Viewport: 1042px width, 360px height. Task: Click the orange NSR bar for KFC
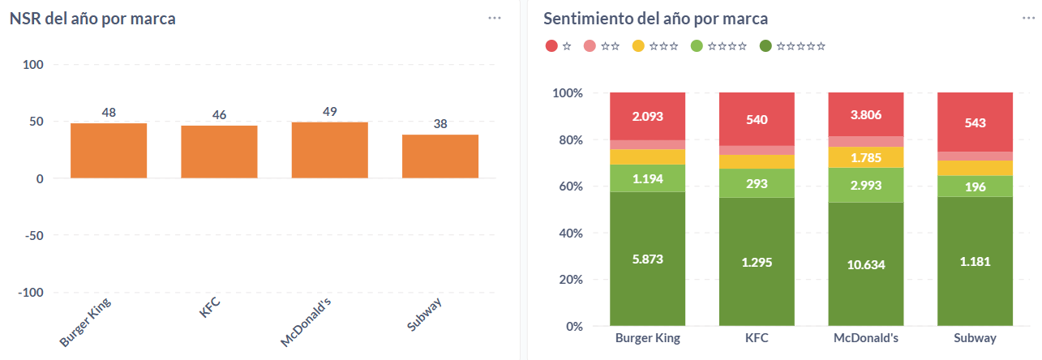click(x=219, y=152)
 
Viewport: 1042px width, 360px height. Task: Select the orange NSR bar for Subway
click(x=440, y=156)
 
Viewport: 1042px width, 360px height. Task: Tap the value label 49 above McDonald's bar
click(x=329, y=111)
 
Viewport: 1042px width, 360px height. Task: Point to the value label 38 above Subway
click(x=440, y=124)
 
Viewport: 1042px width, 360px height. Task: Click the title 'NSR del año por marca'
click(x=92, y=19)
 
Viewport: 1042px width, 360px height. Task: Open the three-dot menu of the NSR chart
click(x=495, y=18)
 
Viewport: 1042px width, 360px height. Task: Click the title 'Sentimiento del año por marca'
click(x=655, y=19)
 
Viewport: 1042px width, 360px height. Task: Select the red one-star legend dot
click(x=551, y=46)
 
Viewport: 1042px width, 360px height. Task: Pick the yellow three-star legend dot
click(x=638, y=46)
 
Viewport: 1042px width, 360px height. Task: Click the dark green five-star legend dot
click(x=766, y=46)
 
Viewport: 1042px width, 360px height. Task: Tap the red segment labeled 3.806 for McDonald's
click(x=865, y=114)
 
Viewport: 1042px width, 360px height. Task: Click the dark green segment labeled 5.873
click(x=647, y=259)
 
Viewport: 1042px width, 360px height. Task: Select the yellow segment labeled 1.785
click(x=865, y=157)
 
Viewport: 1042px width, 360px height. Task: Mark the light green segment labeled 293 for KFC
click(x=757, y=183)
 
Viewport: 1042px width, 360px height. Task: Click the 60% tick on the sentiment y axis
click(x=568, y=186)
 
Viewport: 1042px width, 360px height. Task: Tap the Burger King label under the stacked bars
click(x=647, y=338)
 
